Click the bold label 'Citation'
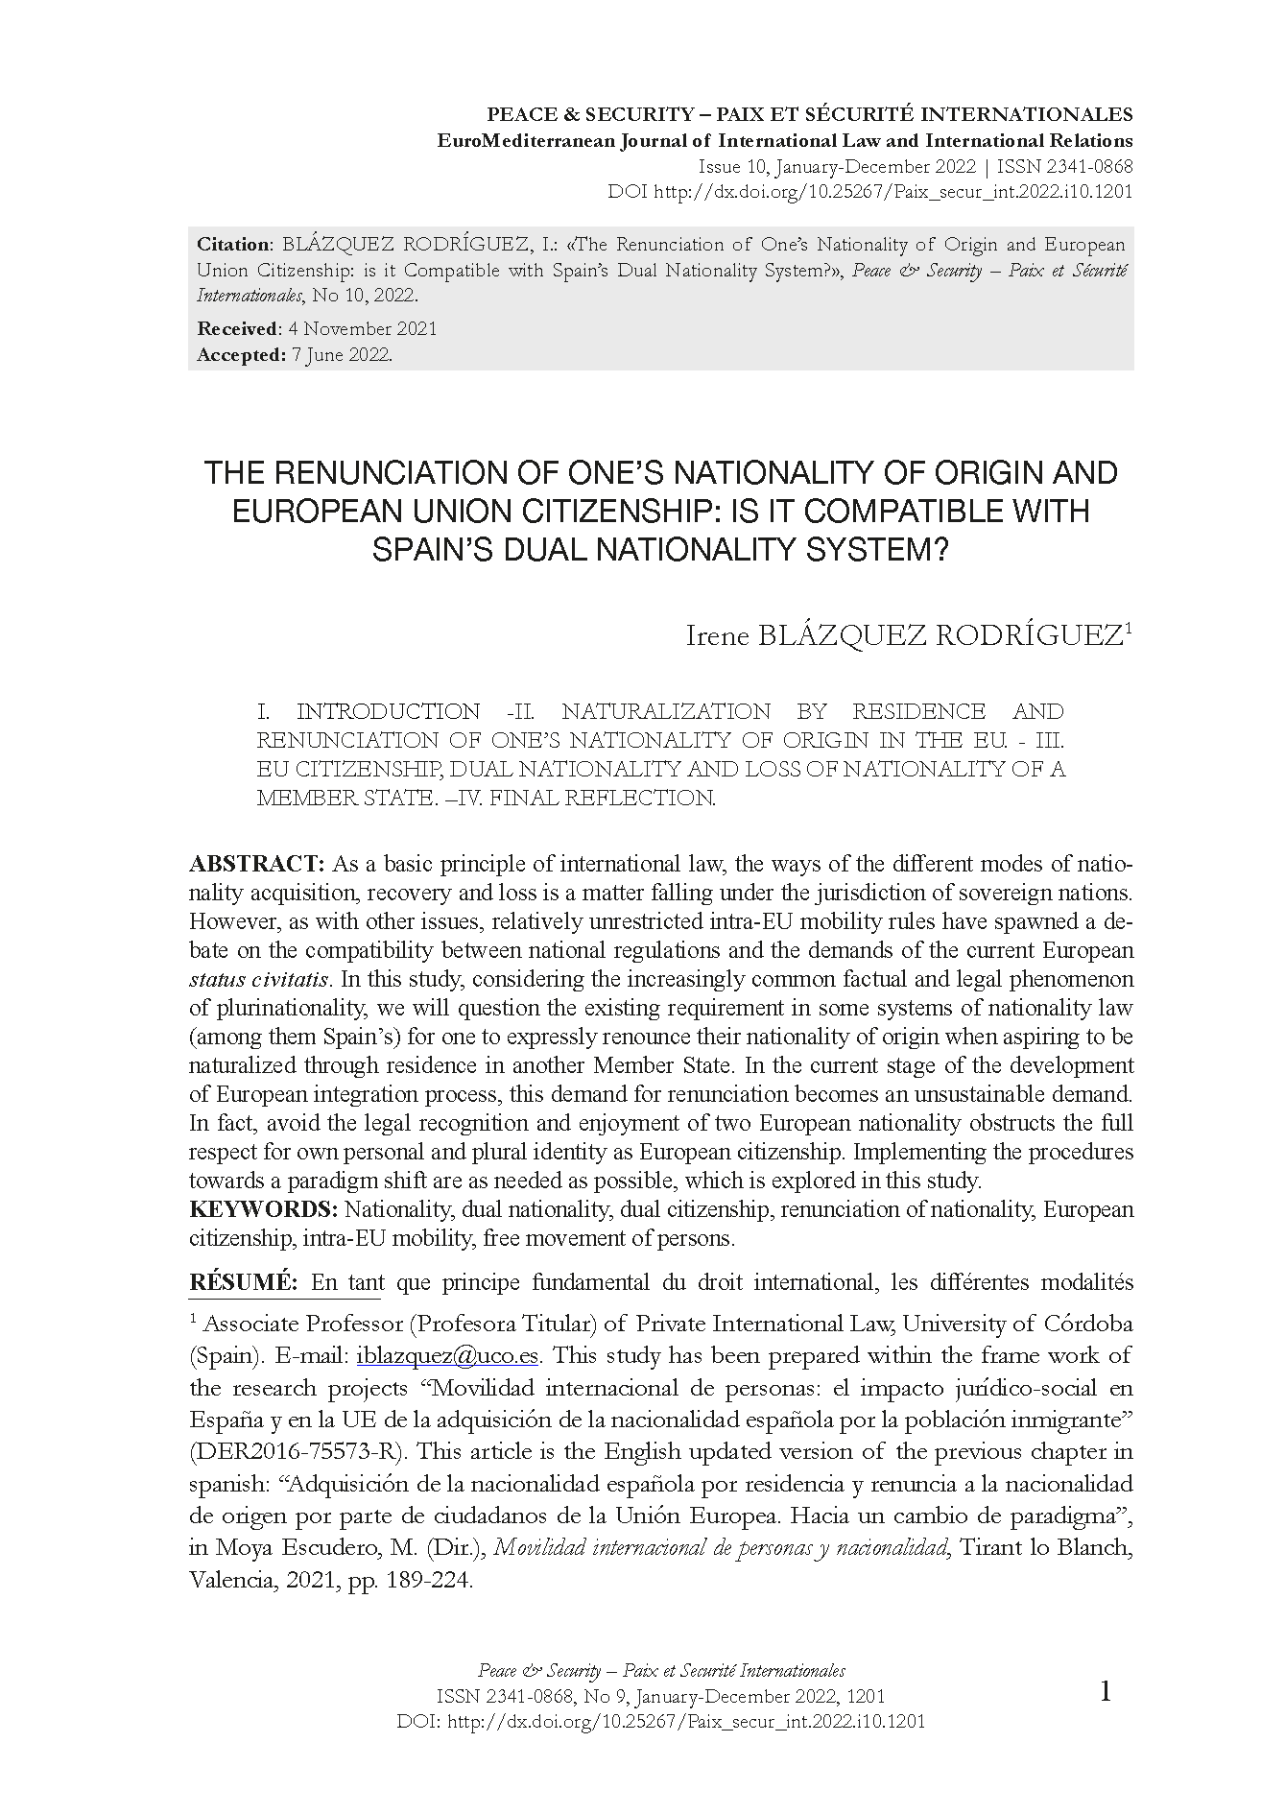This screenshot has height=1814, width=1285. click(x=229, y=245)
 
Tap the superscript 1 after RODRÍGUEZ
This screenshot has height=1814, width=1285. click(x=1129, y=629)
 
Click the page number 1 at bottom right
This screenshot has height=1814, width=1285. click(x=1105, y=1692)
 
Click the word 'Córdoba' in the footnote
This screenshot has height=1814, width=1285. click(x=1085, y=1325)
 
